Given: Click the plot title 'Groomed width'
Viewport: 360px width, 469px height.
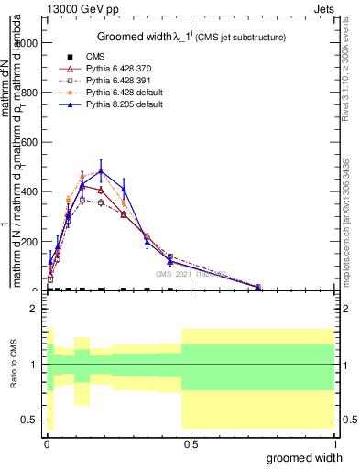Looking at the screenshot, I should [x=137, y=37].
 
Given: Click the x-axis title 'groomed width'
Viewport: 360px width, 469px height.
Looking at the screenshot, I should [x=311, y=457].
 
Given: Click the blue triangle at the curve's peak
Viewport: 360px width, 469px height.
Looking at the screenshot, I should [x=101, y=169].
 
